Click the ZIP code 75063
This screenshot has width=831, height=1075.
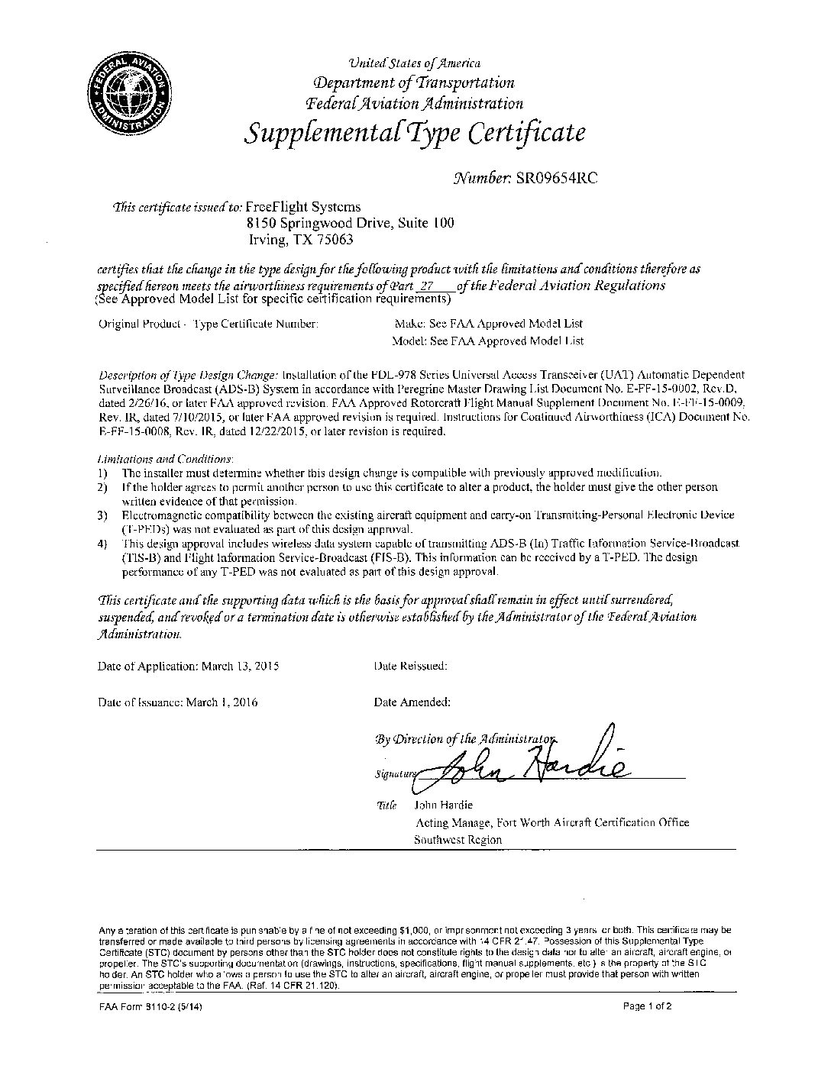click(336, 239)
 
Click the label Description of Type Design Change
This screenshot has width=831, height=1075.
click(189, 376)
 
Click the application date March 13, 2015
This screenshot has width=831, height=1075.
click(240, 666)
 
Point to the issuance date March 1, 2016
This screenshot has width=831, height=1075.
click(222, 702)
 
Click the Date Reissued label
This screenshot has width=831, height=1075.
click(411, 666)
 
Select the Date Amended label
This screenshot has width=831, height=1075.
click(412, 702)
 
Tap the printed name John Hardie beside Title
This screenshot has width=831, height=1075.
click(443, 805)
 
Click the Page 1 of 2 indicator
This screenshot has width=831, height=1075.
click(648, 1006)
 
